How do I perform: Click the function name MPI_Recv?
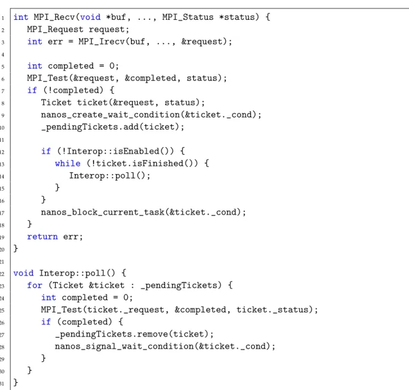[x=54, y=17]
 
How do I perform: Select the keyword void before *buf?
[x=90, y=17]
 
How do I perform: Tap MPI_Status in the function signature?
[x=188, y=17]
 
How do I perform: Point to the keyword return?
[x=43, y=236]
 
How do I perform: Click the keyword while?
[x=68, y=163]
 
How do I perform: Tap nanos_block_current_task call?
[x=103, y=212]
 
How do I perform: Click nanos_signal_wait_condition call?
[x=124, y=346]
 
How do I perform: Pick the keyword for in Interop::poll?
[x=35, y=285]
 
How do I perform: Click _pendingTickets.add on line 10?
[x=90, y=127]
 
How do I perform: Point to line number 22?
[x=2, y=274]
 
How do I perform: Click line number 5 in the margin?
[x=3, y=67]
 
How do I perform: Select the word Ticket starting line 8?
[x=56, y=103]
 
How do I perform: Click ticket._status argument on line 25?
[x=272, y=310]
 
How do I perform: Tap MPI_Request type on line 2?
[x=55, y=29]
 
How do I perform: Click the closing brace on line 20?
[x=16, y=248]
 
